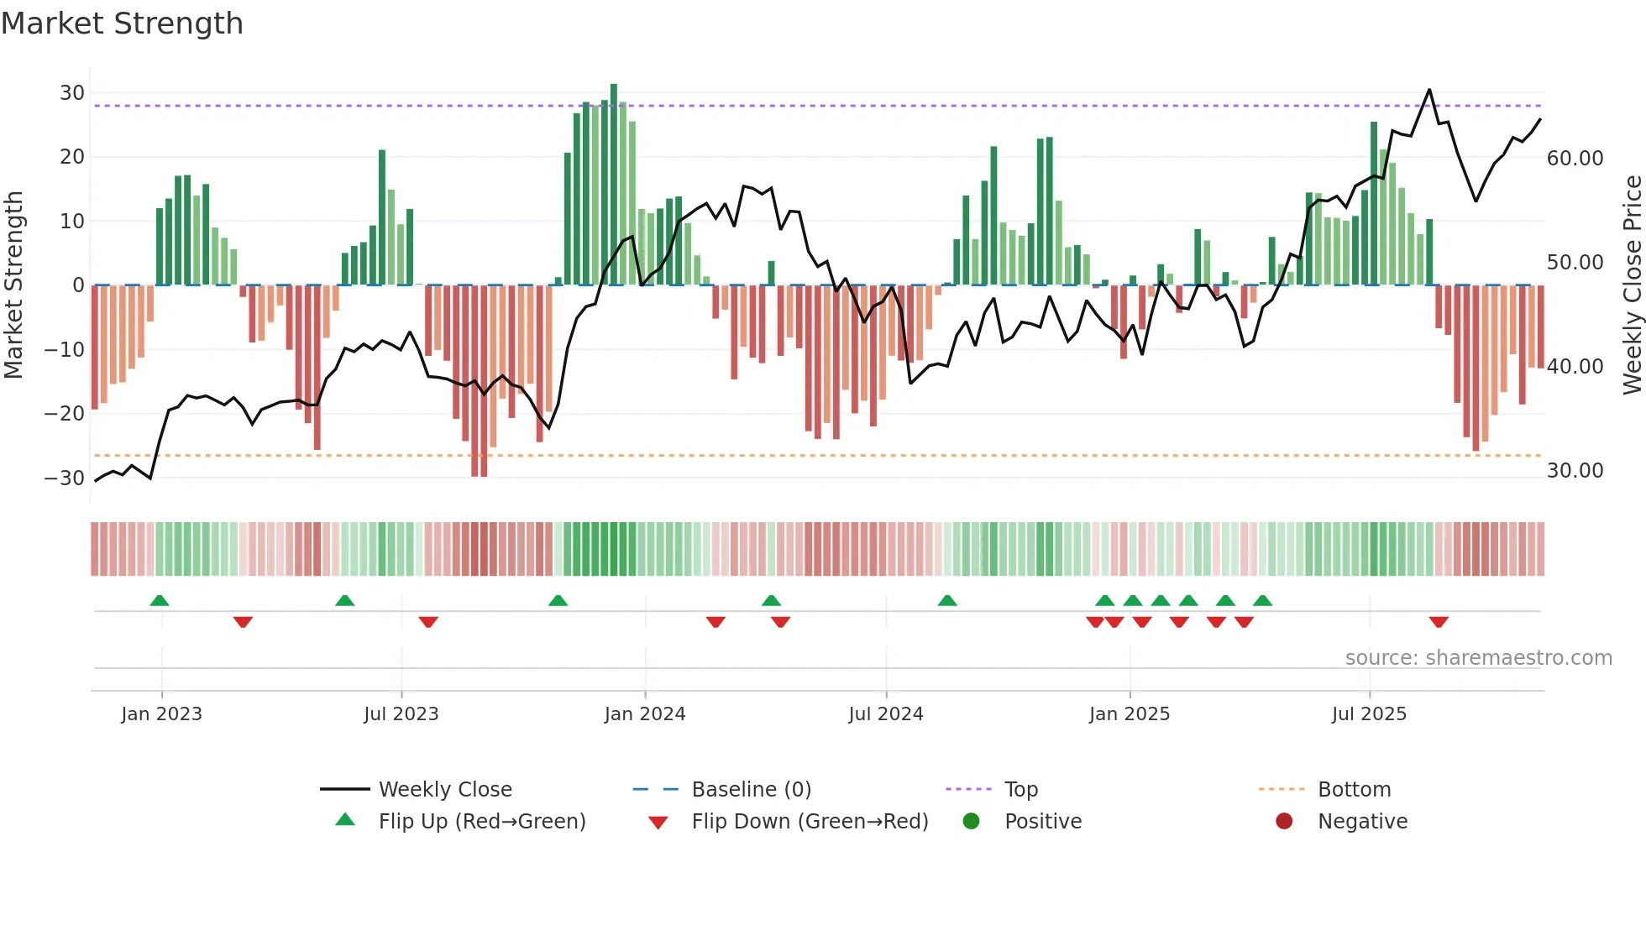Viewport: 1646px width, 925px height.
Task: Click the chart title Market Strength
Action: pyautogui.click(x=122, y=24)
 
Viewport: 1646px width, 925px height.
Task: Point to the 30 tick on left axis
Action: pyautogui.click(x=72, y=93)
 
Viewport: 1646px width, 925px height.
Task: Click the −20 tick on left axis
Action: pyautogui.click(x=65, y=413)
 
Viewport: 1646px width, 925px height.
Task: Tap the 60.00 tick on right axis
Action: pyautogui.click(x=1575, y=159)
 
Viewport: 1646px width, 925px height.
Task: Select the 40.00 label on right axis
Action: pyautogui.click(x=1575, y=367)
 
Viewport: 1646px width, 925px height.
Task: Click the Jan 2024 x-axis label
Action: pyautogui.click(x=644, y=714)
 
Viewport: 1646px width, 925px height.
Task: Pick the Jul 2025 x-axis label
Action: pyautogui.click(x=1368, y=714)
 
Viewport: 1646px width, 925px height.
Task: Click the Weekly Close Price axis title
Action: pyautogui.click(x=1632, y=285)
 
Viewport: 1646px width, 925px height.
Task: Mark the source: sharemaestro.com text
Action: pyautogui.click(x=1478, y=658)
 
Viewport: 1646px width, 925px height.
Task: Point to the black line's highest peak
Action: pyautogui.click(x=1429, y=90)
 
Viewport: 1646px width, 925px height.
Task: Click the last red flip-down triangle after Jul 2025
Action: pyautogui.click(x=1439, y=622)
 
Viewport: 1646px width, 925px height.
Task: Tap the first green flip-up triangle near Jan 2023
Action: pyautogui.click(x=160, y=600)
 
